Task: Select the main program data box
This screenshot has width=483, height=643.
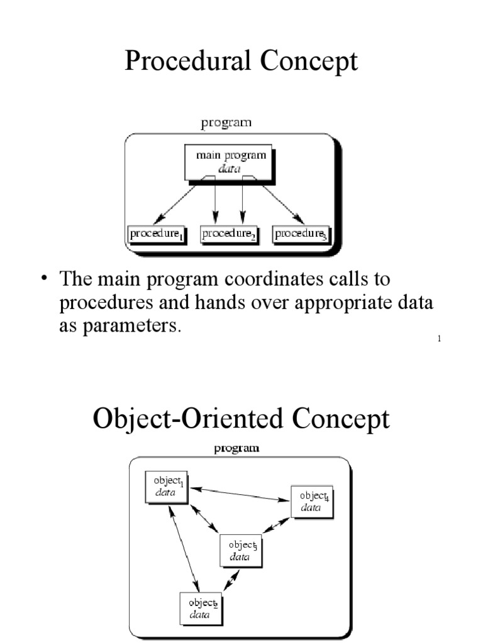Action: coord(230,162)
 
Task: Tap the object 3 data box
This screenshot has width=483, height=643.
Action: coord(241,550)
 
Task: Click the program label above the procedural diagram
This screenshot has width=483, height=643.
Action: coord(226,123)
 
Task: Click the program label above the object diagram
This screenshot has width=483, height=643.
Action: coord(236,448)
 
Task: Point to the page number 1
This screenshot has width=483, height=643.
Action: coord(439,340)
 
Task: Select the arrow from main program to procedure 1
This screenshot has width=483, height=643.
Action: coord(178,202)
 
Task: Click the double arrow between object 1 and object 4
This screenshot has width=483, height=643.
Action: coord(239,494)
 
